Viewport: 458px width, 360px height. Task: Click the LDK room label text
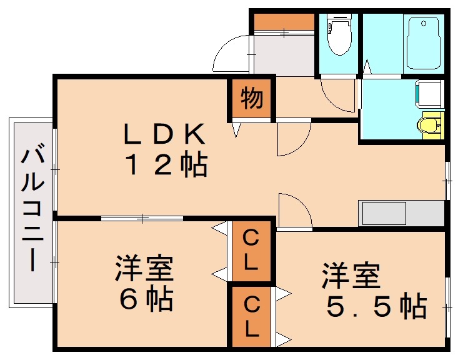click(x=164, y=133)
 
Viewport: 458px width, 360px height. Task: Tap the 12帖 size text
click(x=166, y=165)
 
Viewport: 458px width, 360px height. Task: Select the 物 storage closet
click(x=251, y=99)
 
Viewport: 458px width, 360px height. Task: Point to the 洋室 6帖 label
click(x=144, y=284)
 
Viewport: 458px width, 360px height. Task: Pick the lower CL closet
click(x=251, y=316)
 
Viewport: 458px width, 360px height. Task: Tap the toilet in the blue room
click(x=339, y=35)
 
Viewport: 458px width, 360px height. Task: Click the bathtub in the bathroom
click(x=423, y=44)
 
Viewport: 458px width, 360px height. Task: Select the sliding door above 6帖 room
click(x=142, y=218)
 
